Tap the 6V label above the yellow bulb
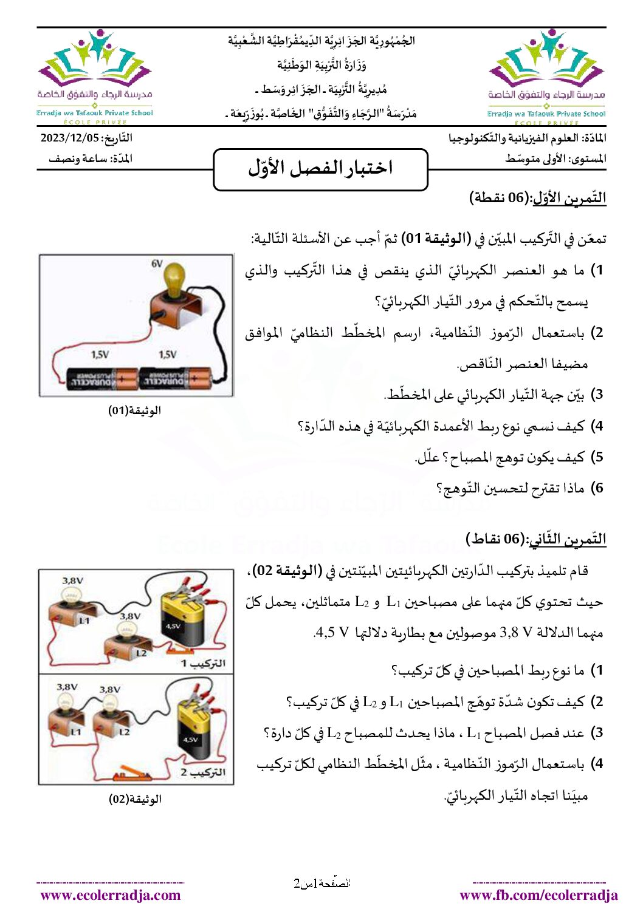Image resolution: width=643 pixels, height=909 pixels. [157, 264]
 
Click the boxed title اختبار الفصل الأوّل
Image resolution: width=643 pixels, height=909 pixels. [320, 168]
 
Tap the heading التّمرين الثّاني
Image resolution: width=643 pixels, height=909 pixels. [566, 539]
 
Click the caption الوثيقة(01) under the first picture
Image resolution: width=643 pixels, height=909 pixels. [134, 410]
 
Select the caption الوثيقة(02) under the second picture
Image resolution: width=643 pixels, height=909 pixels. [135, 799]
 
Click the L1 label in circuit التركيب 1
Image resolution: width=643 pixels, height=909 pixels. [84, 621]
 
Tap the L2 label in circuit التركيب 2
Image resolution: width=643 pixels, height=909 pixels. [124, 732]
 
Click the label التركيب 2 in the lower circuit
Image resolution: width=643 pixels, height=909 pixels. [203, 772]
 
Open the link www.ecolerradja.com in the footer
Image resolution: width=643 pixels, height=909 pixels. [111, 895]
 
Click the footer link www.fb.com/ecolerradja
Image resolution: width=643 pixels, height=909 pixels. [538, 895]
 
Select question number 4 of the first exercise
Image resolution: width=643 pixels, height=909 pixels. [599, 426]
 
